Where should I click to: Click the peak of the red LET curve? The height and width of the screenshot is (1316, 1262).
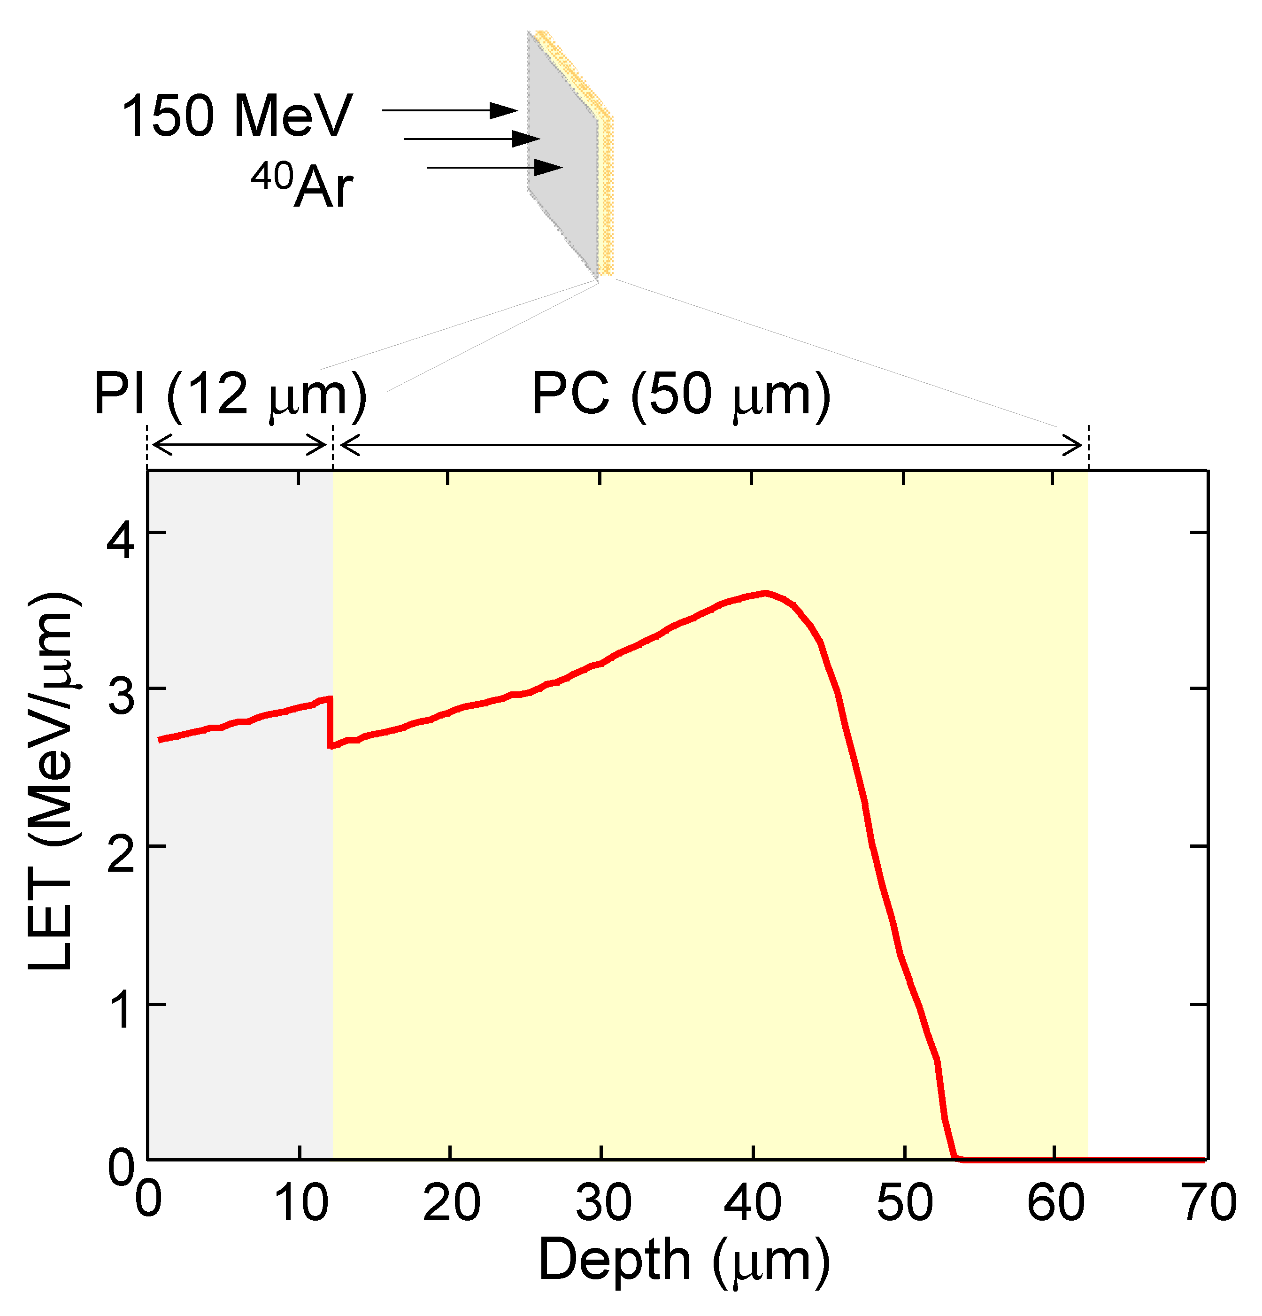pyautogui.click(x=765, y=593)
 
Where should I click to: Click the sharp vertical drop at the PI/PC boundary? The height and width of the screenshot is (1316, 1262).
pyautogui.click(x=330, y=722)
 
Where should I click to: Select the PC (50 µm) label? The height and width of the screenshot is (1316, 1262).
pyautogui.click(x=681, y=396)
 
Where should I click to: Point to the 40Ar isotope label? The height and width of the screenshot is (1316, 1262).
pyautogui.click(x=302, y=186)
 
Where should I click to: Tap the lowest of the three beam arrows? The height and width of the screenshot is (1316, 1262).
pyautogui.click(x=494, y=167)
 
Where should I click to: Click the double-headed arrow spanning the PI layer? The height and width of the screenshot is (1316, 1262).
pyautogui.click(x=239, y=444)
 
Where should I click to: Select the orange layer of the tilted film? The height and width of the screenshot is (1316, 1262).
pyautogui.click(x=607, y=195)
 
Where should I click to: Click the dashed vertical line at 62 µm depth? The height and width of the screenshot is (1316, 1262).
pyautogui.click(x=1088, y=447)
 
